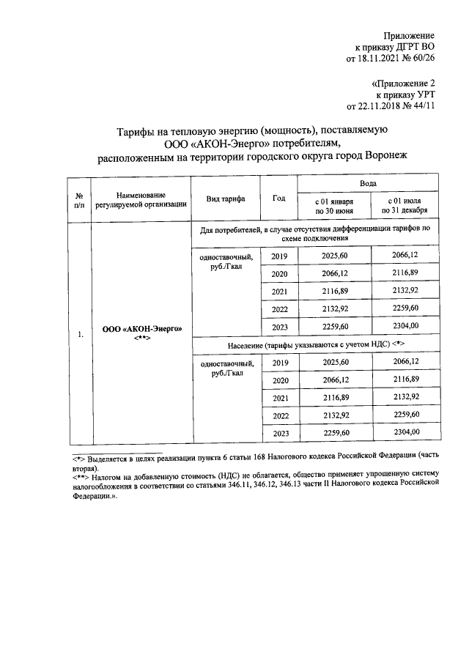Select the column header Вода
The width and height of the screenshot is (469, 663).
[x=367, y=183]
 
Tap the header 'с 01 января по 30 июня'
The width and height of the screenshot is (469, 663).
[x=334, y=205]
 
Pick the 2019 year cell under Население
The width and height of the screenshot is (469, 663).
[x=279, y=363]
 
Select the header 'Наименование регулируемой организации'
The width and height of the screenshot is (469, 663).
[x=140, y=199]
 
